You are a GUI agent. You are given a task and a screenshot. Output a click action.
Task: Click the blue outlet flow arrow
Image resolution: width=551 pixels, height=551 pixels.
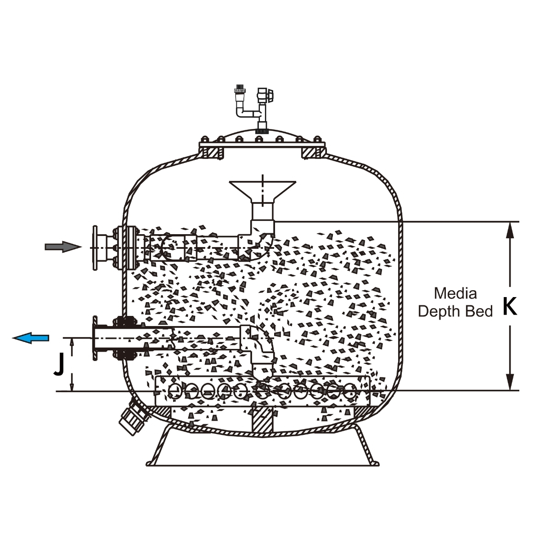click(x=31, y=338)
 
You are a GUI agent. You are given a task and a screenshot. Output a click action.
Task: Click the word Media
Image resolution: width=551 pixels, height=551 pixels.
click(x=455, y=293)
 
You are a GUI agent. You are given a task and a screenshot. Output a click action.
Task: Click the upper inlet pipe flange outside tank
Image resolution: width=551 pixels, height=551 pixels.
click(x=96, y=247)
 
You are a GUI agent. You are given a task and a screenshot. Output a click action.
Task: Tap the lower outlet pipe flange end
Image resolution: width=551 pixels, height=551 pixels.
click(x=96, y=338)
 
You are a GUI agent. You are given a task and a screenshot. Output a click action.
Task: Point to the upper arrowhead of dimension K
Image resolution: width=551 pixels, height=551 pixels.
click(x=509, y=229)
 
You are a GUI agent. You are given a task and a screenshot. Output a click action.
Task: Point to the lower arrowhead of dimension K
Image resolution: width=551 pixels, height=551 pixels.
click(x=509, y=383)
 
